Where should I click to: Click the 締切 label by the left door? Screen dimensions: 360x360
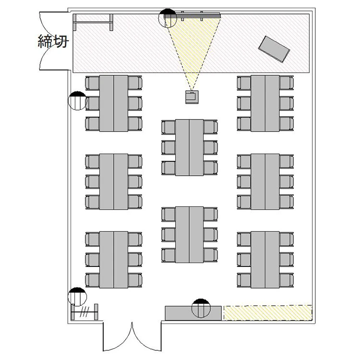(x=53, y=41)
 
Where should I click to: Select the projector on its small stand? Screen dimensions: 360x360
(x=192, y=97)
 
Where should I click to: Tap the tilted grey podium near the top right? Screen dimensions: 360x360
(x=274, y=49)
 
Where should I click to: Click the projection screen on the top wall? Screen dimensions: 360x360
(x=193, y=15)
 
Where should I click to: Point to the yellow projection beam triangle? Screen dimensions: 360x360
(x=192, y=46)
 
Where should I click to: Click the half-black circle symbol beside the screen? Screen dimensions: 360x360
(x=168, y=18)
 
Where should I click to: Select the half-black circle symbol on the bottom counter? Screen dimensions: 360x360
(x=201, y=308)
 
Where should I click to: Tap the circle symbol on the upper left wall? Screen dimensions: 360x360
(x=78, y=101)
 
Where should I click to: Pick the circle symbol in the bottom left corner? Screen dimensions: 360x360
(x=77, y=297)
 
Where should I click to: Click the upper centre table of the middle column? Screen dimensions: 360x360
(x=190, y=147)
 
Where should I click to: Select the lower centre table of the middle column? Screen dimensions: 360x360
(x=190, y=235)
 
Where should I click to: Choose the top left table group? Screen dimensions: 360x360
(x=114, y=103)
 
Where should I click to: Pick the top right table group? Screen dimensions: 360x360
(x=265, y=103)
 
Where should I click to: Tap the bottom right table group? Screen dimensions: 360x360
(x=265, y=260)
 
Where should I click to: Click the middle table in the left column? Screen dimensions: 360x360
(x=114, y=181)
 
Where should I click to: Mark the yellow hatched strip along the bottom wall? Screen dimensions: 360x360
(x=268, y=312)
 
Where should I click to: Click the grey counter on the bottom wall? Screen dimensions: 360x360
(x=193, y=313)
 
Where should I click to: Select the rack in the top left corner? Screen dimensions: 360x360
(x=93, y=22)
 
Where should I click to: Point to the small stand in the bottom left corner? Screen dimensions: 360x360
(x=84, y=312)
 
